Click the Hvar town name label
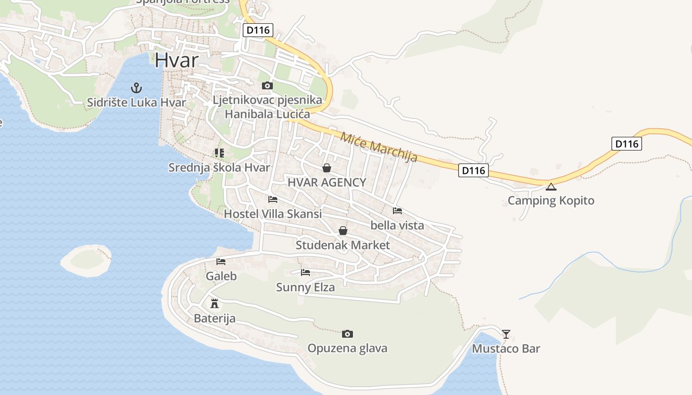click(x=176, y=60)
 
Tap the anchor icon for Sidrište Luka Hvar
click(x=136, y=88)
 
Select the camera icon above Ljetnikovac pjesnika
click(x=267, y=86)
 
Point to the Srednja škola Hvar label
click(x=219, y=167)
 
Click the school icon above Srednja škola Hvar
click(x=219, y=153)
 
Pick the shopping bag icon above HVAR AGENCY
click(x=326, y=168)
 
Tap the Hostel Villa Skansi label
click(x=272, y=214)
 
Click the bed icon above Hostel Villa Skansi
click(x=272, y=199)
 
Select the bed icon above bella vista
click(x=397, y=211)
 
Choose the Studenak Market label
click(x=343, y=245)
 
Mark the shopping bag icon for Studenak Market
click(x=343, y=231)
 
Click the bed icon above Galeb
click(x=221, y=262)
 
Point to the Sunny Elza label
click(x=305, y=287)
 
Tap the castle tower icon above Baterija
click(x=215, y=303)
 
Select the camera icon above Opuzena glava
click(x=347, y=334)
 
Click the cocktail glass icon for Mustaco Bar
click(x=506, y=334)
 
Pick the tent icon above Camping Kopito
click(x=551, y=187)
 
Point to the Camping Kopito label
click(x=551, y=201)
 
